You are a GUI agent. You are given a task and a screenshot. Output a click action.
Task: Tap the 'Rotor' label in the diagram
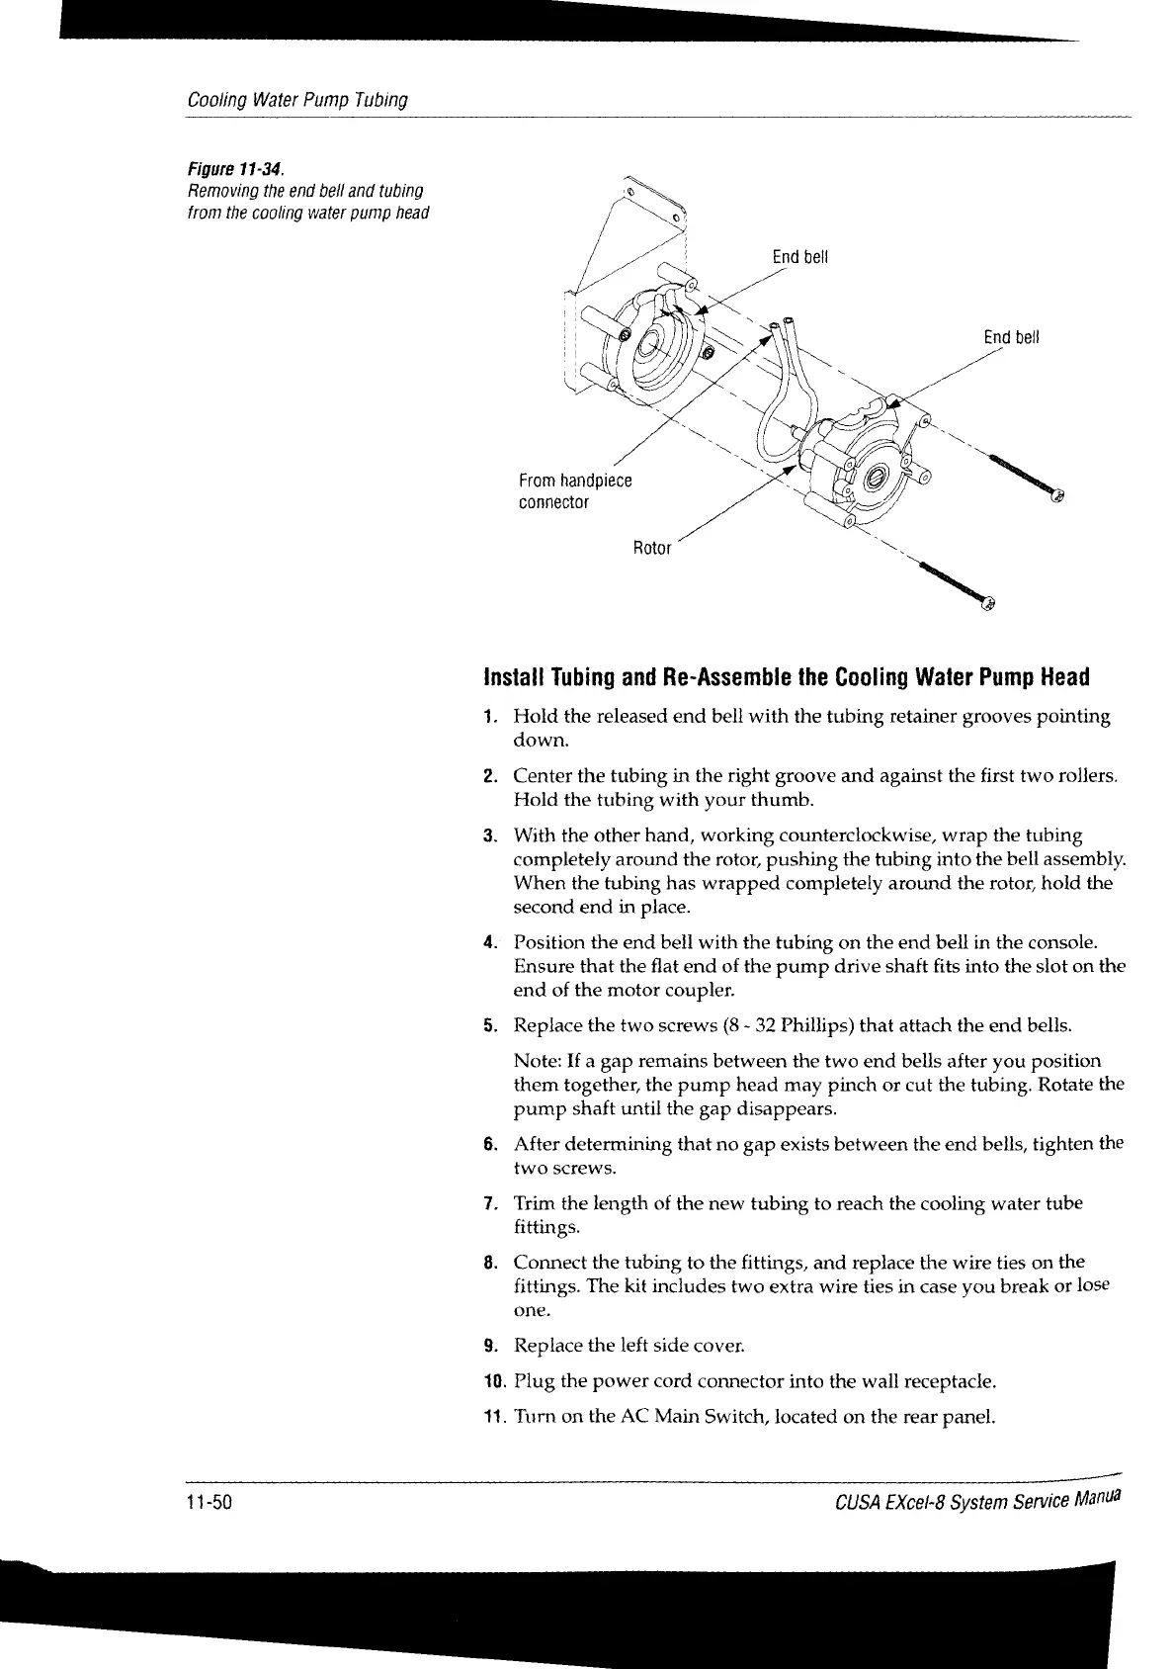651,548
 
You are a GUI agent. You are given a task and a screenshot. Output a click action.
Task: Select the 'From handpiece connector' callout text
574,491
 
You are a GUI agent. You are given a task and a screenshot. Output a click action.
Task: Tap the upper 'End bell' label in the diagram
799,258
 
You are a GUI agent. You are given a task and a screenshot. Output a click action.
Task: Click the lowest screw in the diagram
959,582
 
